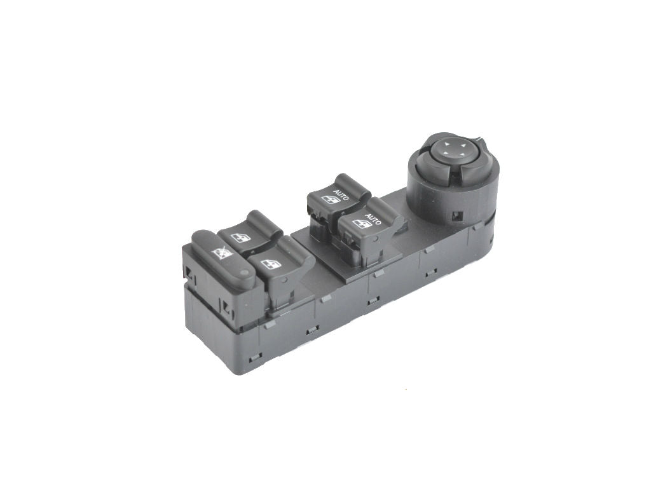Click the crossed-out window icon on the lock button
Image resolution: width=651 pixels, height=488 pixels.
pyautogui.click(x=222, y=252)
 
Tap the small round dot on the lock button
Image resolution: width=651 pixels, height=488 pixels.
pyautogui.click(x=244, y=273)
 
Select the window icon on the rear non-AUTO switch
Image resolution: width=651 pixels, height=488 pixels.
pyautogui.click(x=241, y=238)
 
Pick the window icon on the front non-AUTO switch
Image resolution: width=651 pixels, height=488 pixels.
pyautogui.click(x=271, y=264)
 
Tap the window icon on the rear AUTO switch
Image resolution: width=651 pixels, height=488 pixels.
pyautogui.click(x=331, y=200)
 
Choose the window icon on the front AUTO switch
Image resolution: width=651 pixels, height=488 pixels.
pyautogui.click(x=362, y=224)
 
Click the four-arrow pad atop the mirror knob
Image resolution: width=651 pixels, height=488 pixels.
pyautogui.click(x=453, y=149)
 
